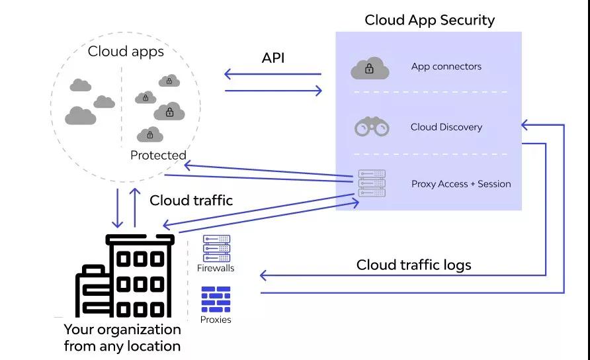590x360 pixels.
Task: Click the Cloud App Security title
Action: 429,20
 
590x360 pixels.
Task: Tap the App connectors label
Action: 446,66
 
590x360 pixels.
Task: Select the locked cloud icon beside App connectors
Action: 370,67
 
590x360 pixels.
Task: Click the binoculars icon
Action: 372,126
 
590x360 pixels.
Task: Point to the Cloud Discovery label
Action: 446,127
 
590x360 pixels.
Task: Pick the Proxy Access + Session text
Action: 461,184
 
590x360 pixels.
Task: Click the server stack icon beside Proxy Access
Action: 371,183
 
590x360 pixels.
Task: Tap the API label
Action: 273,58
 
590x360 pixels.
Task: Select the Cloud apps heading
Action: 126,52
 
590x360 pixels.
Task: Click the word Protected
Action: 158,156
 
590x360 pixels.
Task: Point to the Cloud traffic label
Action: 191,201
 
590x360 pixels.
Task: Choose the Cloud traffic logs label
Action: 413,265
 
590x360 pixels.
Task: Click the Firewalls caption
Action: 216,268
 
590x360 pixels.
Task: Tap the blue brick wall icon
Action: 216,299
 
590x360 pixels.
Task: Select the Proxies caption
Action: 216,320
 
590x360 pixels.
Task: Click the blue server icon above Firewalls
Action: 216,248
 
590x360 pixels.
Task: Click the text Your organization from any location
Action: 122,337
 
